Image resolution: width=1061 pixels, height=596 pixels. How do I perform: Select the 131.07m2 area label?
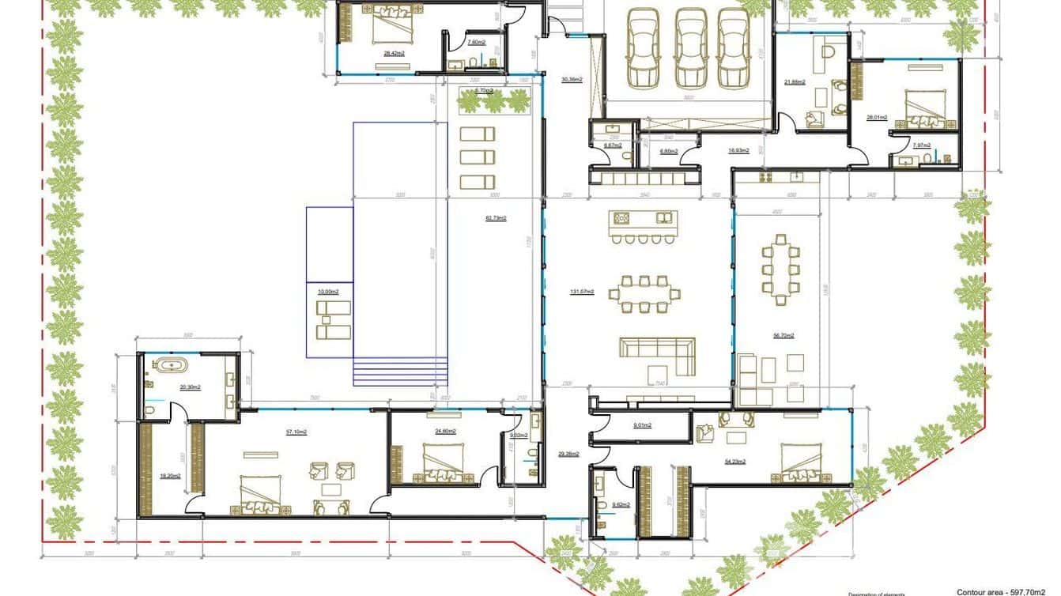click(x=582, y=292)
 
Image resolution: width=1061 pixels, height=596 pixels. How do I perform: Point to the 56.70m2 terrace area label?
click(x=783, y=335)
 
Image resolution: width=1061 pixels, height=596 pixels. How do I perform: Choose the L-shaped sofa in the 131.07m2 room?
click(x=656, y=353)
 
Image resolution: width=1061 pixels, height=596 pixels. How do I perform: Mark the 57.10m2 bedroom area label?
click(x=296, y=432)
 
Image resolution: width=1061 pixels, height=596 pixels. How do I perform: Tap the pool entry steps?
click(x=400, y=371)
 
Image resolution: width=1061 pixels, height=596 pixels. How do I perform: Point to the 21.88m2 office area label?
click(x=794, y=81)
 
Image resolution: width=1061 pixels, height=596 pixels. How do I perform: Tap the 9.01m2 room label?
click(x=642, y=425)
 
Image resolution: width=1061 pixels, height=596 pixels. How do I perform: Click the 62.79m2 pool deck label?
click(x=496, y=217)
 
